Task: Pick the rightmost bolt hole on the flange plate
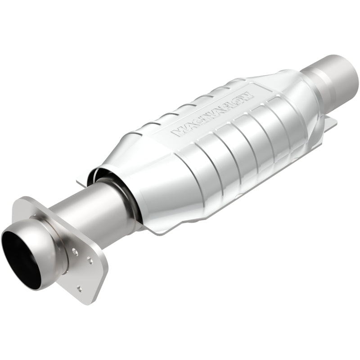90,260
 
